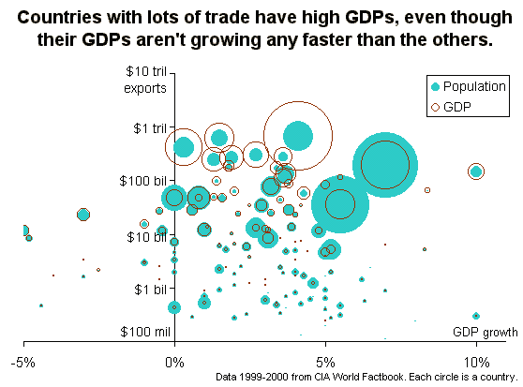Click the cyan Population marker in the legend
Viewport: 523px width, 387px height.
tap(435, 86)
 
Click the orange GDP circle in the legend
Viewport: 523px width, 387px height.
tap(435, 108)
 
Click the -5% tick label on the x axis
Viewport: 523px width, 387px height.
tap(24, 360)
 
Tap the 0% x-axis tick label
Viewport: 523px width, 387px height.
tap(174, 360)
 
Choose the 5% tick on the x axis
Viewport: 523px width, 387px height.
tap(324, 360)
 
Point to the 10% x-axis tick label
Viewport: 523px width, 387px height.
tap(475, 360)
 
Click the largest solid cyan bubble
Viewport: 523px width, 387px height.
tap(385, 164)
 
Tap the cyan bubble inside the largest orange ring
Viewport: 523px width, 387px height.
tap(297, 136)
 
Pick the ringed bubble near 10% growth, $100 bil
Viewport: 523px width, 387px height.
tap(476, 171)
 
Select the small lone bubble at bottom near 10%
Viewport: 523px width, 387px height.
tap(476, 316)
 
